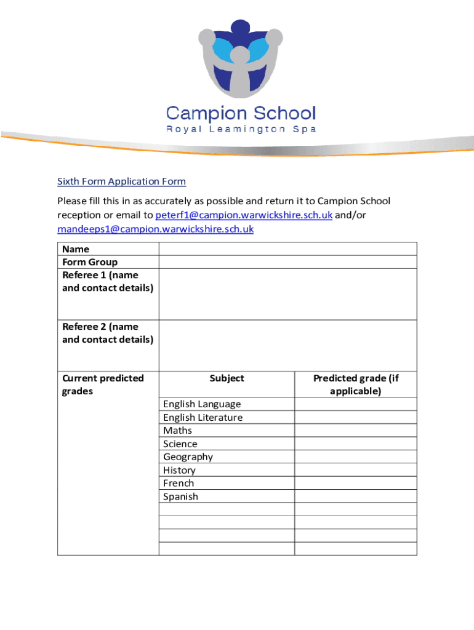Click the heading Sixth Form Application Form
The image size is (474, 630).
[121, 181]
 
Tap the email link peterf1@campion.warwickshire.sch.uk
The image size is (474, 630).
[244, 215]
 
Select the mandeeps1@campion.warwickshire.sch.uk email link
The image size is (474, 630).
[155, 229]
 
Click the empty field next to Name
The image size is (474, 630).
[287, 249]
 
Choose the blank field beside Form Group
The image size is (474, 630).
[287, 262]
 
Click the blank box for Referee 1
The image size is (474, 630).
[287, 294]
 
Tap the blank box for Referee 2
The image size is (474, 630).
[287, 345]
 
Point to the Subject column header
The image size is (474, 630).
[227, 378]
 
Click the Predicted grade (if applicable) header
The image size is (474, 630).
[356, 385]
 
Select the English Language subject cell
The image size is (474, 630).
[202, 404]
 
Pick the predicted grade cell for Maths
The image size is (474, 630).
[356, 431]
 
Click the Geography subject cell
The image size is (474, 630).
[188, 457]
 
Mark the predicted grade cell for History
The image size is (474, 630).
[356, 470]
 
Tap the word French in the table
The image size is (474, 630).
[179, 484]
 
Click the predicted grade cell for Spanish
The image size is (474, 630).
[356, 496]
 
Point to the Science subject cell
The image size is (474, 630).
[180, 444]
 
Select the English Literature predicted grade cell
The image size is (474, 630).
[356, 418]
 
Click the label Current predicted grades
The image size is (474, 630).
[103, 385]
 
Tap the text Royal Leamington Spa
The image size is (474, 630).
[241, 129]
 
